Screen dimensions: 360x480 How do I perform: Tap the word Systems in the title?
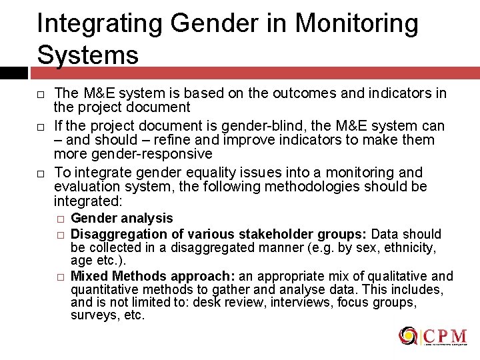[x=87, y=54]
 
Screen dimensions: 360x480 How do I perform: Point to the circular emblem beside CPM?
[x=408, y=336]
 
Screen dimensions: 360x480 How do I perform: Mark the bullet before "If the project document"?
[x=41, y=126]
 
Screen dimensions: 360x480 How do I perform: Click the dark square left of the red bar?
[x=13, y=73]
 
